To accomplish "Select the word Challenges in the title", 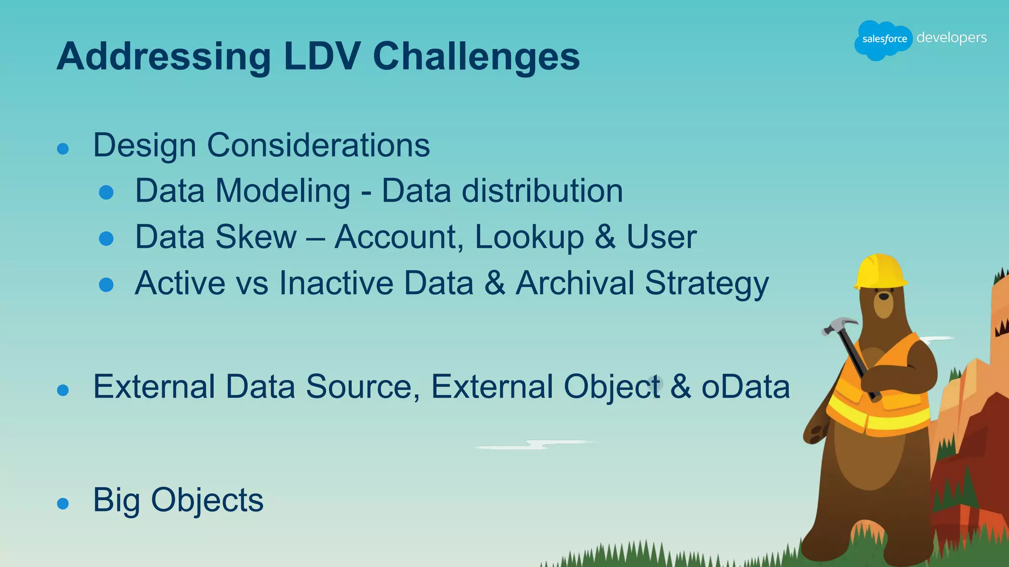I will [476, 57].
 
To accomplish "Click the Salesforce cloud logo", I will [883, 39].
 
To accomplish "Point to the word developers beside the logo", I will [951, 38].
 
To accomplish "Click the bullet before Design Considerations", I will [63, 149].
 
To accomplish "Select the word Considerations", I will [318, 146].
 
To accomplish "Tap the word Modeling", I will [283, 191].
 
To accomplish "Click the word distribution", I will [542, 191].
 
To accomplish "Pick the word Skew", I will [256, 237].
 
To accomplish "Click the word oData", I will [745, 387].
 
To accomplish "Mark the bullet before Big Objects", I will [63, 504].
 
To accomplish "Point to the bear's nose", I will [884, 297].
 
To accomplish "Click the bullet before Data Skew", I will [106, 239].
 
